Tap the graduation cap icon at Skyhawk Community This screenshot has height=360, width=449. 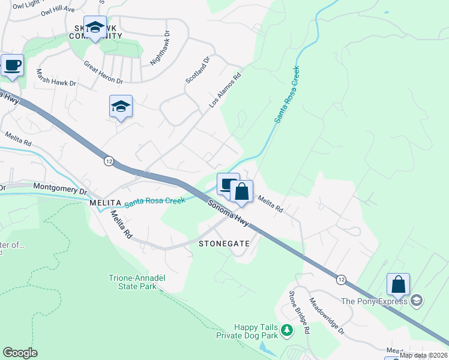click(x=94, y=27)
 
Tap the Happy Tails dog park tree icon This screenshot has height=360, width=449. click(x=287, y=329)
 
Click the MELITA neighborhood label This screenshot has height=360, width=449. click(x=106, y=203)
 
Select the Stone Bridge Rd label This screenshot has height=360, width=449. click(x=299, y=312)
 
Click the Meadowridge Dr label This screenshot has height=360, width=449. click(x=327, y=316)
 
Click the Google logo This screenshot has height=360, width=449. click(x=20, y=353)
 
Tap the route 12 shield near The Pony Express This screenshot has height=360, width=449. click(x=341, y=280)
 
